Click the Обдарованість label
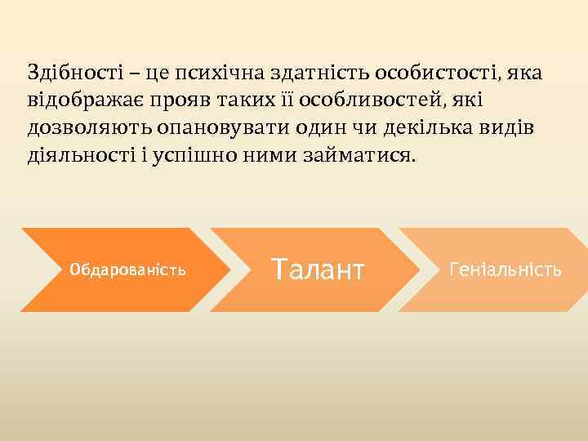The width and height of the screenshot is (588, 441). coord(128,270)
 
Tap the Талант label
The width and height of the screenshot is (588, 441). coord(318,269)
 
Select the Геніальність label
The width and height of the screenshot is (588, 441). coord(506,269)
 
